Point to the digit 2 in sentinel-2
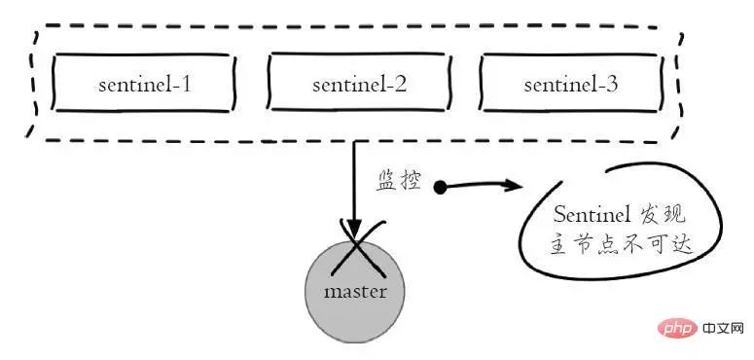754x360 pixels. (x=400, y=85)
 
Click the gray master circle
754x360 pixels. (x=355, y=291)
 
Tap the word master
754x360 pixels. (x=355, y=292)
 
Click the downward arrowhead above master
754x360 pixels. (x=354, y=229)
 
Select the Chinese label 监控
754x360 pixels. (x=399, y=182)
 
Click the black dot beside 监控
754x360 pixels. (x=440, y=188)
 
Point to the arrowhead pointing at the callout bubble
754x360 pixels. (x=514, y=185)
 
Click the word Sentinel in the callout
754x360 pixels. (x=592, y=214)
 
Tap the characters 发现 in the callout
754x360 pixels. (x=663, y=215)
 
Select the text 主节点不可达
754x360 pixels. (x=621, y=246)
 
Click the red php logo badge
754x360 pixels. (x=676, y=329)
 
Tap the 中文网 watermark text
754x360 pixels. (x=723, y=329)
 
